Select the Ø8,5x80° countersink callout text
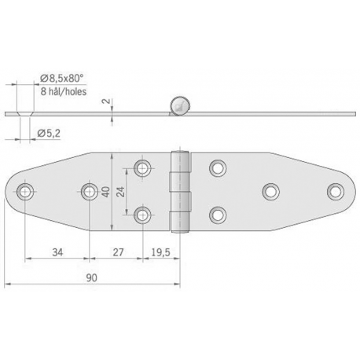click(62, 77)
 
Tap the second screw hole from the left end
click(88, 190)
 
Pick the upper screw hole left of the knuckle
click(143, 167)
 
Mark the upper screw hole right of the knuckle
click(217, 167)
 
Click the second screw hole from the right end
click(270, 190)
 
